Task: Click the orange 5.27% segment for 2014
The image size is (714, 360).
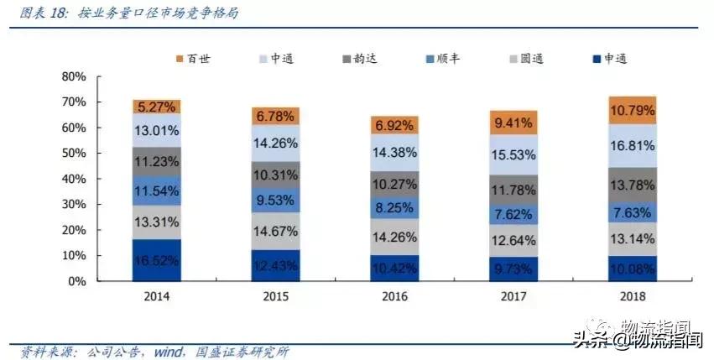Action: (x=157, y=107)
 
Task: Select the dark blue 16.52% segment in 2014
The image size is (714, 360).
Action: (x=157, y=259)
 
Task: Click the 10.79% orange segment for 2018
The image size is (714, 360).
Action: (x=633, y=110)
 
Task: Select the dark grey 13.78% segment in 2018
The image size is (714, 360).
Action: (x=633, y=184)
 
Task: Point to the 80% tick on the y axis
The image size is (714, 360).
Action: (x=74, y=76)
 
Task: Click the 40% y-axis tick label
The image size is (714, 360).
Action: (x=74, y=179)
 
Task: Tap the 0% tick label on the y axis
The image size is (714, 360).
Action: (x=77, y=281)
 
